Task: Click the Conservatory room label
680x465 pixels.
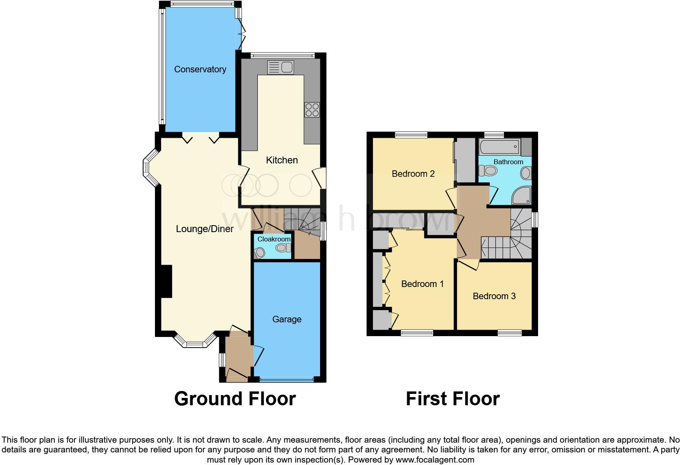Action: click(x=200, y=70)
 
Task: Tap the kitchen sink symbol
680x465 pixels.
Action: click(x=281, y=67)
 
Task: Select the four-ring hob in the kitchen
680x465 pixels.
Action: click(x=312, y=109)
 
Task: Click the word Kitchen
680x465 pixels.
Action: click(x=282, y=160)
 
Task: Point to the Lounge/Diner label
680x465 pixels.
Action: click(x=205, y=229)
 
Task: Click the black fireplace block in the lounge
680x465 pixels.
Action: click(x=166, y=282)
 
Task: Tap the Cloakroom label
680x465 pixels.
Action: click(x=274, y=239)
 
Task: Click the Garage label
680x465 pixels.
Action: click(x=287, y=319)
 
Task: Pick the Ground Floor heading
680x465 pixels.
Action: click(x=235, y=399)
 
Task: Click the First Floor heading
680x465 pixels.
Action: click(x=453, y=399)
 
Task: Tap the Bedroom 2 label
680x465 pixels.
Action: click(x=413, y=174)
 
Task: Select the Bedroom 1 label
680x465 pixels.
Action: click(x=423, y=284)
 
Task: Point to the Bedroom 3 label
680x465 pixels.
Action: click(x=494, y=296)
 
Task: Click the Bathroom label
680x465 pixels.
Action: click(x=508, y=162)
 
